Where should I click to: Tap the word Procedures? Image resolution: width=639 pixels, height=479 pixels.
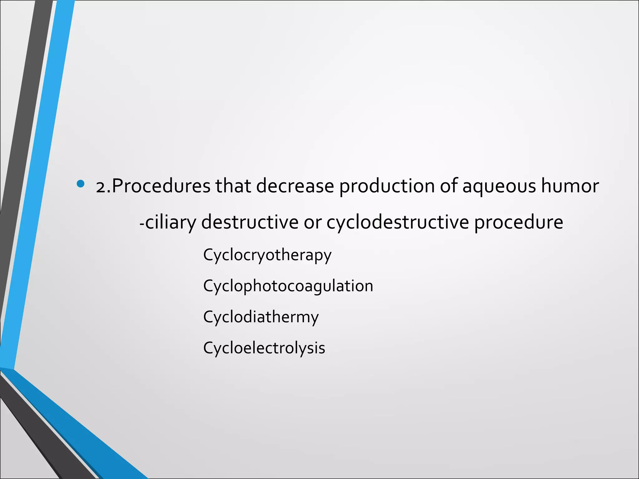(x=161, y=186)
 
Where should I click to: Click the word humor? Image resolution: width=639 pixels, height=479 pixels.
(x=570, y=186)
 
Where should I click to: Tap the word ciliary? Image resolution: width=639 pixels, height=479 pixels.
(x=171, y=223)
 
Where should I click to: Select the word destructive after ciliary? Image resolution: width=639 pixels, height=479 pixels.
(x=250, y=222)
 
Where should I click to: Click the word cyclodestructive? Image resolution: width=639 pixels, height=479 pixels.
(x=398, y=223)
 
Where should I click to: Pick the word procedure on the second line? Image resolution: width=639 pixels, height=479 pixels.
(x=519, y=223)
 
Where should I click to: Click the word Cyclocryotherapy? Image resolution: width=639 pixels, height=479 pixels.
(x=267, y=255)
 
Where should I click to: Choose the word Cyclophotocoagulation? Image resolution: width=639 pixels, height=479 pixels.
(x=288, y=286)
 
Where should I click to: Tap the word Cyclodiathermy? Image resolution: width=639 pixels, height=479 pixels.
(x=261, y=317)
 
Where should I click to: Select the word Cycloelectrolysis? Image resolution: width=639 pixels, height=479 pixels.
(x=264, y=348)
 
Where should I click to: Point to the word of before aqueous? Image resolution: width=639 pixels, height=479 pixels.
(x=448, y=186)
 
